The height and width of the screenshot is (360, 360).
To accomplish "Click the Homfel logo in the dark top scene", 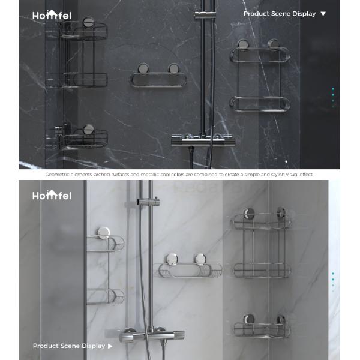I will click(52, 15).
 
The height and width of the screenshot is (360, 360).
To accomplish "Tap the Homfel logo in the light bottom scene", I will click(52, 195).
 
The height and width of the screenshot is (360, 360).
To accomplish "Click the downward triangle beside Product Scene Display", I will click(323, 14).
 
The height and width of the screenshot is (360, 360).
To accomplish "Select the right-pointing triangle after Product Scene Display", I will click(110, 346).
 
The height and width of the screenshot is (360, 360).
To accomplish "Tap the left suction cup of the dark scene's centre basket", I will click(143, 68).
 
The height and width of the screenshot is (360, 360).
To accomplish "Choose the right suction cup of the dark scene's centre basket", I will click(173, 68).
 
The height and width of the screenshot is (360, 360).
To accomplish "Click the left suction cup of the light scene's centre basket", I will click(172, 259).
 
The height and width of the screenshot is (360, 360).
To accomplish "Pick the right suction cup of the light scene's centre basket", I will click(200, 259).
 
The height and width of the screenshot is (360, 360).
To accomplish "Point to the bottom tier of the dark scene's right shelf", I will click(259, 104).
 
